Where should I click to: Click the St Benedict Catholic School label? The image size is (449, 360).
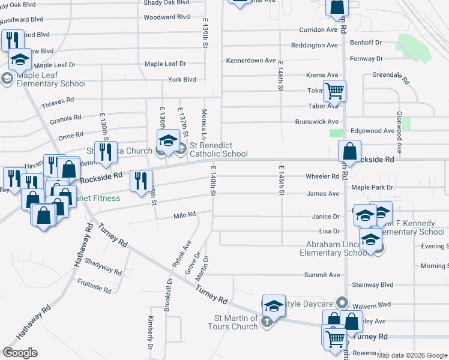(218, 149)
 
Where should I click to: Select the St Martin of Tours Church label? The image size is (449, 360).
(237, 322)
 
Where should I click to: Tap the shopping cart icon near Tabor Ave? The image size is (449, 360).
(335, 91)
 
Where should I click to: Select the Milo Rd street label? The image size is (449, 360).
(185, 214)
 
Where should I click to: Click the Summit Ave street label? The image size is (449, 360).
(322, 275)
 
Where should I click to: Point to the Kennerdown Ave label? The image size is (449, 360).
(251, 61)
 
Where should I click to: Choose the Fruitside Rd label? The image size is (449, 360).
(94, 286)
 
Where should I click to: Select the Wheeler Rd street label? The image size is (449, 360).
(322, 176)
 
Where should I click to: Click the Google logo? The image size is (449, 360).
(20, 352)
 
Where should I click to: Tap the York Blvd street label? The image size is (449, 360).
(182, 79)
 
